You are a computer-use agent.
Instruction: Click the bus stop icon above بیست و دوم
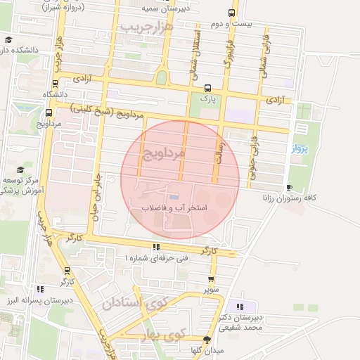232,13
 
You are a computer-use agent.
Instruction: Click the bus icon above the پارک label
207,89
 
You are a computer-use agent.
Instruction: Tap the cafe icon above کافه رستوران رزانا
290,186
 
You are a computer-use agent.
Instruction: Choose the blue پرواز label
300,149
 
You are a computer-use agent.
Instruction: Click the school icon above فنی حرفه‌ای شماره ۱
156,247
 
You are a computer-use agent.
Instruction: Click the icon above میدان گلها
206,340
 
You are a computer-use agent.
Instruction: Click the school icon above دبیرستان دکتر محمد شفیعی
241,307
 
